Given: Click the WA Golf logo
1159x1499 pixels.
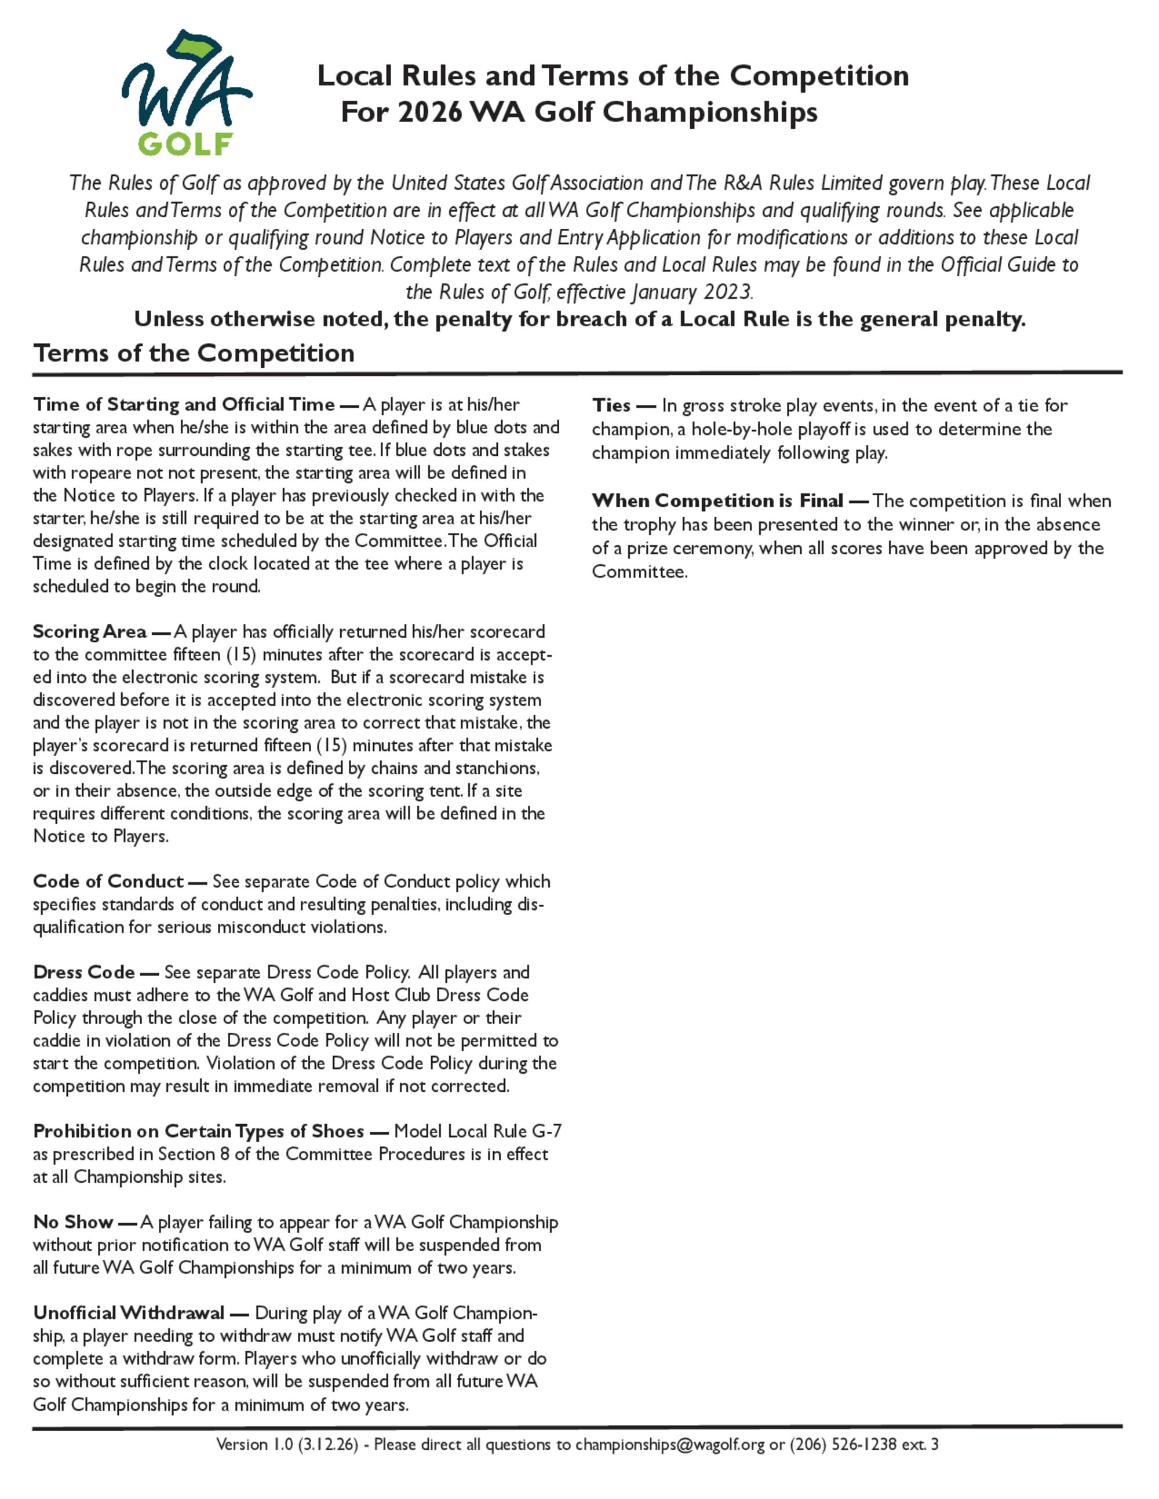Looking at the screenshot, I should [186, 93].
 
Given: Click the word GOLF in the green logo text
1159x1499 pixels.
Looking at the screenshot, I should [185, 144].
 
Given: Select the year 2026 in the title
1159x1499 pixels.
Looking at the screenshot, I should [430, 112].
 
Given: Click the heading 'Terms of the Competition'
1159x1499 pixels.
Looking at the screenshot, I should [194, 353].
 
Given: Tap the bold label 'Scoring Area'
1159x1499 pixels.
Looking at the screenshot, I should [90, 631].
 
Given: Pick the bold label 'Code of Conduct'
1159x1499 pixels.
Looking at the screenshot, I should [108, 882].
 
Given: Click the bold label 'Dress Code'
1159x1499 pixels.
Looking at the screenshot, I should [84, 972].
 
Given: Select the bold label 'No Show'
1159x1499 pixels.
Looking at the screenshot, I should [74, 1222].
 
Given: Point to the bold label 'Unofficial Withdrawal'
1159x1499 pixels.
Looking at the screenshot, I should [129, 1312].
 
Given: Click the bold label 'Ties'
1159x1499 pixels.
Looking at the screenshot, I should [611, 405].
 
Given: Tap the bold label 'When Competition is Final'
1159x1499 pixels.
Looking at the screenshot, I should [717, 500].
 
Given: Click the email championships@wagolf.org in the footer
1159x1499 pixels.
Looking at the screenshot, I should [669, 1444].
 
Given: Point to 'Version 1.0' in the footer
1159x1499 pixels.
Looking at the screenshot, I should [255, 1444].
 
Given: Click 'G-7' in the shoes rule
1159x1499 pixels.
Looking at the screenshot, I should [546, 1131].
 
